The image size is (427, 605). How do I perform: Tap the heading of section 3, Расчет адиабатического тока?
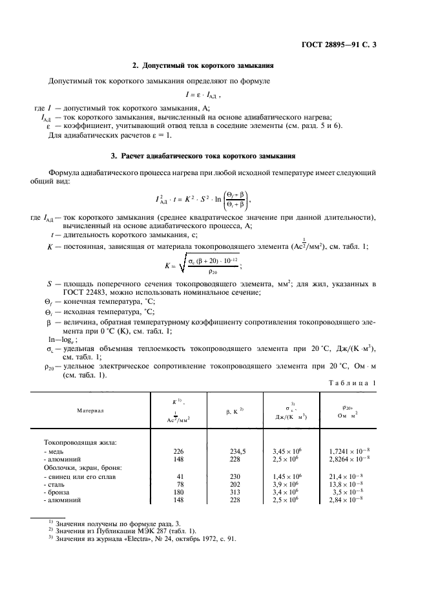(x=203, y=156)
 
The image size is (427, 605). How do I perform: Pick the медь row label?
(x=54, y=450)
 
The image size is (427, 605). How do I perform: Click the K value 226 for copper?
(x=180, y=450)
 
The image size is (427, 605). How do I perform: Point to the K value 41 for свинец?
(x=181, y=475)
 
